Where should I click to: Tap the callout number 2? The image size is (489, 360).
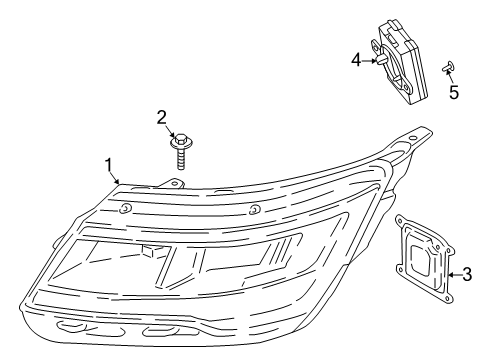(162, 118)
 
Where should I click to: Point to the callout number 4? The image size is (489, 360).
(356, 60)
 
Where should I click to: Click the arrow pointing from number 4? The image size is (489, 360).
(372, 60)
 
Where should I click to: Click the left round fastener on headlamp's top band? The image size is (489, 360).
(127, 208)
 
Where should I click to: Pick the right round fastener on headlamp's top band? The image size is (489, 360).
(256, 208)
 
